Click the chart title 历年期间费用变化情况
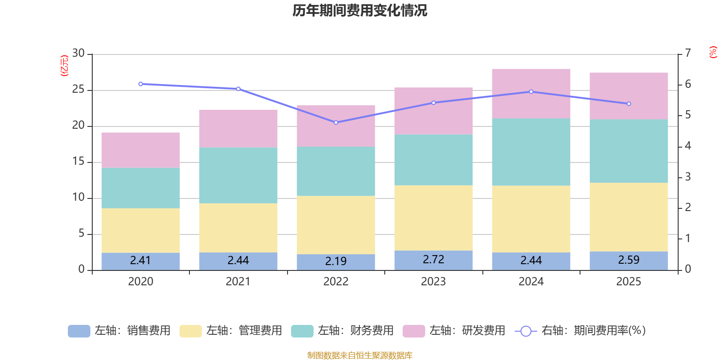[x=360, y=10]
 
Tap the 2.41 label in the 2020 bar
[x=140, y=261]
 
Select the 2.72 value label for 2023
[x=433, y=260]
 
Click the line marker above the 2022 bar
[x=336, y=122]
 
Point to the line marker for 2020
[x=140, y=84]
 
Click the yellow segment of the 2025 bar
[x=629, y=217]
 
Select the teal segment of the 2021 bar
[x=238, y=175]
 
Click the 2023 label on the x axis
[x=433, y=282]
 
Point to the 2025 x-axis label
[x=629, y=282]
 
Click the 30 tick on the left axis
[x=78, y=54]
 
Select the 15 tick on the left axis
[x=78, y=162]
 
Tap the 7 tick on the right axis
[x=688, y=53]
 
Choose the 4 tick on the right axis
[x=688, y=146]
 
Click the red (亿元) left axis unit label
[x=64, y=66]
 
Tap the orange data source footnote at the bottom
[x=360, y=355]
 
